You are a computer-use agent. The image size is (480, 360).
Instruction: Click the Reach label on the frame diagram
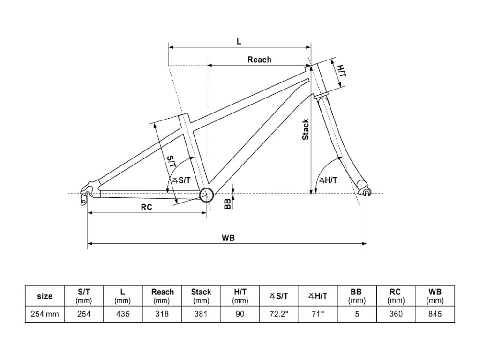tap(259, 60)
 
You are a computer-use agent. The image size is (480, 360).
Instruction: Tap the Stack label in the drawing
tap(306, 129)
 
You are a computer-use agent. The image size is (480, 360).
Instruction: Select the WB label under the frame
tap(228, 238)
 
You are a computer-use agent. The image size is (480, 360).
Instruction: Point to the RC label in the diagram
tap(146, 208)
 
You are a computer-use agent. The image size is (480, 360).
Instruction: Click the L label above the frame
tap(239, 42)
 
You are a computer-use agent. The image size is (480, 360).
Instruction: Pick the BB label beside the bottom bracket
tap(227, 203)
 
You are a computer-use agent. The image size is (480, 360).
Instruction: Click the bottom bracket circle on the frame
tap(206, 195)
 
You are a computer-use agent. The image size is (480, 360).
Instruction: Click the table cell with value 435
tap(123, 314)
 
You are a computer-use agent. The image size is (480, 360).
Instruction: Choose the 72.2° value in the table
tap(279, 314)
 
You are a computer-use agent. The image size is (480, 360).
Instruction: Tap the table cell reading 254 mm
tap(45, 314)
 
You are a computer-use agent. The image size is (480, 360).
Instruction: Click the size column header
tap(45, 296)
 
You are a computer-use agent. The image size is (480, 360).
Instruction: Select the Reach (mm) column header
tap(162, 296)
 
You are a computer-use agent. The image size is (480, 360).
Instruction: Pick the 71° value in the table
tap(318, 314)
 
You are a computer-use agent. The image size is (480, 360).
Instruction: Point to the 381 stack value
tap(201, 314)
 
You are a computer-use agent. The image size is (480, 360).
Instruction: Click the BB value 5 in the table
tap(357, 314)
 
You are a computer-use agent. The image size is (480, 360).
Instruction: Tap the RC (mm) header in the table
tap(396, 296)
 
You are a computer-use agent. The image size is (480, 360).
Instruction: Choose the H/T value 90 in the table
tap(240, 314)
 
